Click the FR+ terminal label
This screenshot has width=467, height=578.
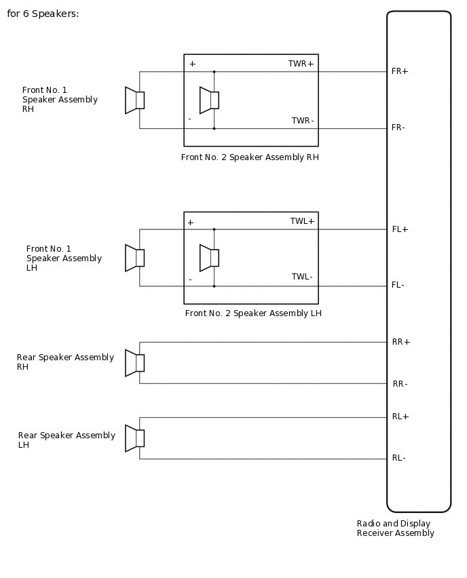point(400,71)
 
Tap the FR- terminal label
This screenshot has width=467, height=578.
point(398,128)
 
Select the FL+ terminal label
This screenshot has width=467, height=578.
point(400,229)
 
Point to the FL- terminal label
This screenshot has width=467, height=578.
point(398,285)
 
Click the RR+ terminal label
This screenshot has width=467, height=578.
point(401,342)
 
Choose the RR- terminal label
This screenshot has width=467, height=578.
point(400,384)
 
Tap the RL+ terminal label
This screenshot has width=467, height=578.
point(400,417)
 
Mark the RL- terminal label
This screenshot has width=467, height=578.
point(399,458)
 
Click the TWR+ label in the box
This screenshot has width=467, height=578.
point(301,64)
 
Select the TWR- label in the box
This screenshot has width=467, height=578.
point(303,121)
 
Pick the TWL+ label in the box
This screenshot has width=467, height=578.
point(302,221)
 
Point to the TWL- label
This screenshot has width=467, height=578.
point(302,277)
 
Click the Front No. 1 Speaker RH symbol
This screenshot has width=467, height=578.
point(134,100)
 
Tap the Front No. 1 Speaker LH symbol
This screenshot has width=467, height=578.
point(134,258)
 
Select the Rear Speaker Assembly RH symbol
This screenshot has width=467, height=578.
point(134,363)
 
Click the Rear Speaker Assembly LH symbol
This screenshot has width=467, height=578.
point(134,438)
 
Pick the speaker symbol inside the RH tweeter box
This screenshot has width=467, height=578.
point(209,100)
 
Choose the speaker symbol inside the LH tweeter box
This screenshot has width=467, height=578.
point(209,258)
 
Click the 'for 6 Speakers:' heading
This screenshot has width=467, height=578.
point(43,14)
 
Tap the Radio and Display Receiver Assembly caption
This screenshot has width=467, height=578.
point(396,528)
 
